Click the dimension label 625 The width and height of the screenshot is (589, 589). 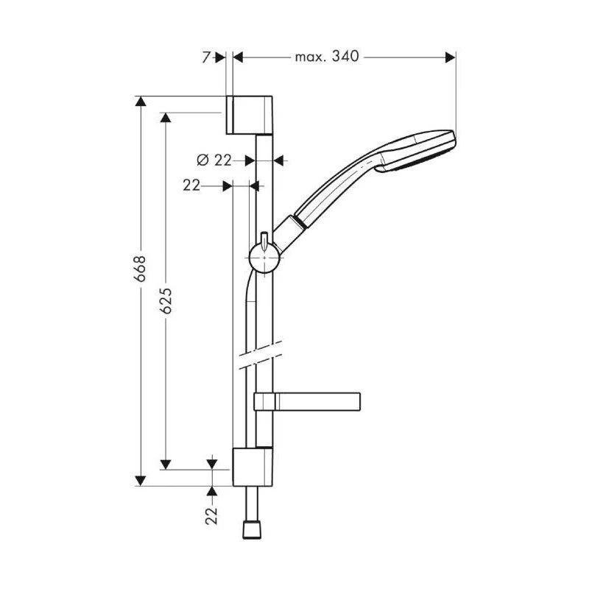166,301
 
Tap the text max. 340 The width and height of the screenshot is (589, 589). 326,57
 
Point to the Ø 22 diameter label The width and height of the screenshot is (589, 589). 214,160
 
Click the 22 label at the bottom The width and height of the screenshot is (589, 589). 212,515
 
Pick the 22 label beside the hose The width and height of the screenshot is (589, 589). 191,186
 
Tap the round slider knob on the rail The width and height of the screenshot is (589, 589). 264,258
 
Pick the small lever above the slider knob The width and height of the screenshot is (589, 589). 263,237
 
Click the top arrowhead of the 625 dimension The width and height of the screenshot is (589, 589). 166,118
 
